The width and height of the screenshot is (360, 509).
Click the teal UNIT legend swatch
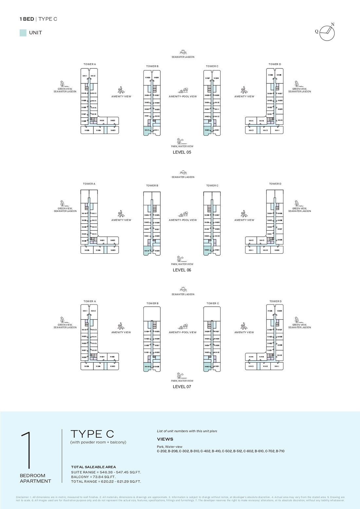[x=23, y=33]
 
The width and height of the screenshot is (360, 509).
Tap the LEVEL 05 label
[x=182, y=152]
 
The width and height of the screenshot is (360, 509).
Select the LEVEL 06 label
[x=182, y=270]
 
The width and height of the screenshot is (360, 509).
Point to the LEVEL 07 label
[x=182, y=387]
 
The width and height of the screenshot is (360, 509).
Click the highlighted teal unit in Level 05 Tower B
[x=147, y=131]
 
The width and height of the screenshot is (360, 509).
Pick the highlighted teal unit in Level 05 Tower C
[x=207, y=130]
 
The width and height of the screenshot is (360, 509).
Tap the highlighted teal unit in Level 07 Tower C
[x=207, y=367]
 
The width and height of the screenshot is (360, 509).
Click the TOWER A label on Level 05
[x=90, y=64]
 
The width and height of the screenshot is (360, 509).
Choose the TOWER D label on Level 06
[x=275, y=184]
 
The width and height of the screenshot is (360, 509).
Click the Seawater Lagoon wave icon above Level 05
[x=183, y=52]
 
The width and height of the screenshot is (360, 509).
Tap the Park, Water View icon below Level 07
[x=180, y=375]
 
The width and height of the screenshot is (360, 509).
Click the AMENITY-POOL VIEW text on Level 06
[x=183, y=220]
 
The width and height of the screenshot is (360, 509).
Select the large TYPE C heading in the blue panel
[x=92, y=434]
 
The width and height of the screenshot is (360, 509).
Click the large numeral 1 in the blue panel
[x=27, y=450]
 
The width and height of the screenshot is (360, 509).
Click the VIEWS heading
[x=165, y=439]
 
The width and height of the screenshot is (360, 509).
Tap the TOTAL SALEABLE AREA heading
[x=93, y=467]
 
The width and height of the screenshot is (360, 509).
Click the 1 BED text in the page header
[x=27, y=19]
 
